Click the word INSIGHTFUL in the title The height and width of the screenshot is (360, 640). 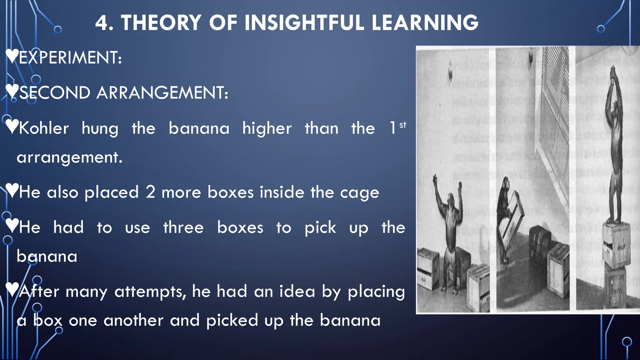(x=304, y=23)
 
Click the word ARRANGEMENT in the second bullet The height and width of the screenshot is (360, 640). (x=162, y=93)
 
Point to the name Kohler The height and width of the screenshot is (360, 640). (x=44, y=128)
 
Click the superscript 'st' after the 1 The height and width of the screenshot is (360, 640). (x=403, y=125)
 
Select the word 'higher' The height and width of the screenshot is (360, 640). (x=267, y=128)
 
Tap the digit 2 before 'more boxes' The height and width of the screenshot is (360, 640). (x=150, y=192)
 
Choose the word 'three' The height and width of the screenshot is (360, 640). (x=183, y=227)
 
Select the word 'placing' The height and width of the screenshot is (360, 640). (x=376, y=292)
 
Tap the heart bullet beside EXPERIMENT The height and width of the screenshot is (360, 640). (x=12, y=56)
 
